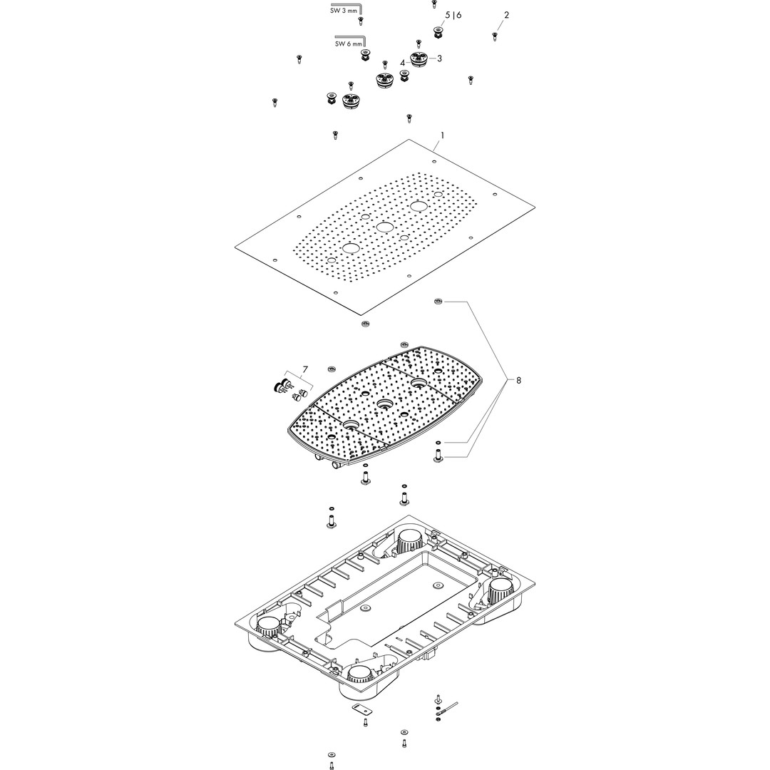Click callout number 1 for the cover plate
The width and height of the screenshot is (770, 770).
click(442, 135)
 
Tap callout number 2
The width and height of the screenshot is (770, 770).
click(506, 15)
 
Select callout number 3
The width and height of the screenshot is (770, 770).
click(439, 58)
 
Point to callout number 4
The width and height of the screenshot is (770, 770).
click(403, 63)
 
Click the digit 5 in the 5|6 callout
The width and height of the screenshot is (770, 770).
click(448, 15)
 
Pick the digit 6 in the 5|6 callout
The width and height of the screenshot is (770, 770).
click(458, 15)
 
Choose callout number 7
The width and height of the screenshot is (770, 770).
click(305, 369)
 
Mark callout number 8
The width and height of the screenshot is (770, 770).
click(518, 380)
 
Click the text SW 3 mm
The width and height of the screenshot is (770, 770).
click(344, 11)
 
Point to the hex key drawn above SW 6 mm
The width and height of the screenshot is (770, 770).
click(350, 39)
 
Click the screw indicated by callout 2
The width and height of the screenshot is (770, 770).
click(495, 36)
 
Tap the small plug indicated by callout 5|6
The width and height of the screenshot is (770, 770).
click(436, 32)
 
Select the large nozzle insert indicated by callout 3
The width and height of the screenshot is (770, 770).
click(419, 59)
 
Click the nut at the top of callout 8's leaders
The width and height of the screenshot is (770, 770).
click(438, 301)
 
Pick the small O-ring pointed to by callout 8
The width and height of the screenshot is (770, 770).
click(438, 442)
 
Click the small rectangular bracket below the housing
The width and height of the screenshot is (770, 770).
click(360, 709)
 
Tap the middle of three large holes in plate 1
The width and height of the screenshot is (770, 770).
click(384, 227)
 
